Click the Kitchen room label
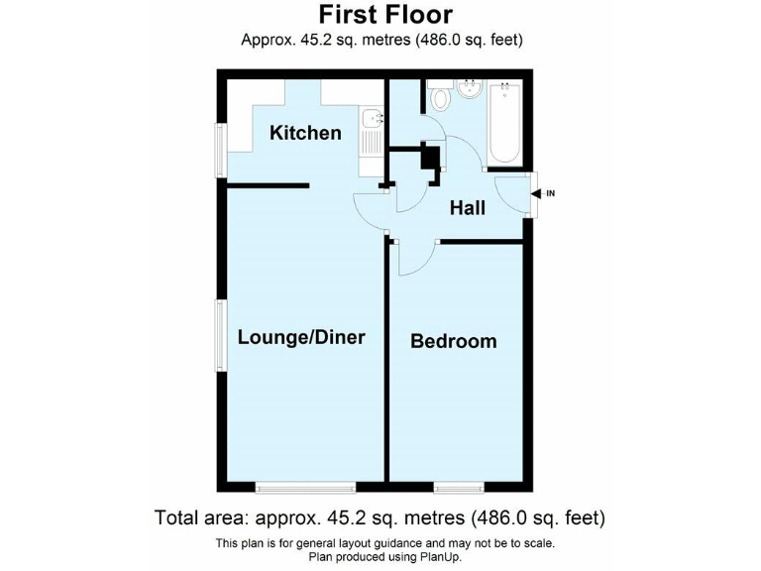[305, 133]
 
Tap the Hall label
[467, 208]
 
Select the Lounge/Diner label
[301, 337]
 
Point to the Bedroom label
[453, 341]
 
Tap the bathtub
[506, 125]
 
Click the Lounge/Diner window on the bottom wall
[304, 487]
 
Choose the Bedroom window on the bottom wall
[457, 487]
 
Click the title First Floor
[385, 15]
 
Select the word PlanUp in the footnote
[436, 557]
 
